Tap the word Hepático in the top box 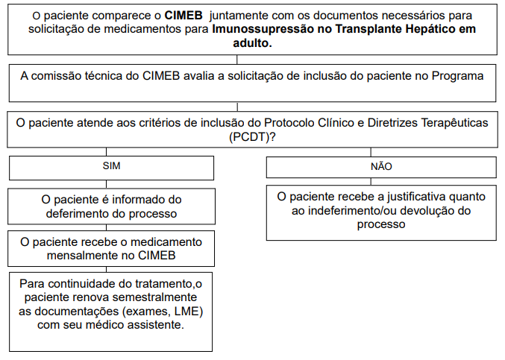point(419,30)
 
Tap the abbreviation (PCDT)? point(253,136)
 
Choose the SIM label point(111,167)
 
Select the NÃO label point(381,167)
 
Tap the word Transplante point(348,30)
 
